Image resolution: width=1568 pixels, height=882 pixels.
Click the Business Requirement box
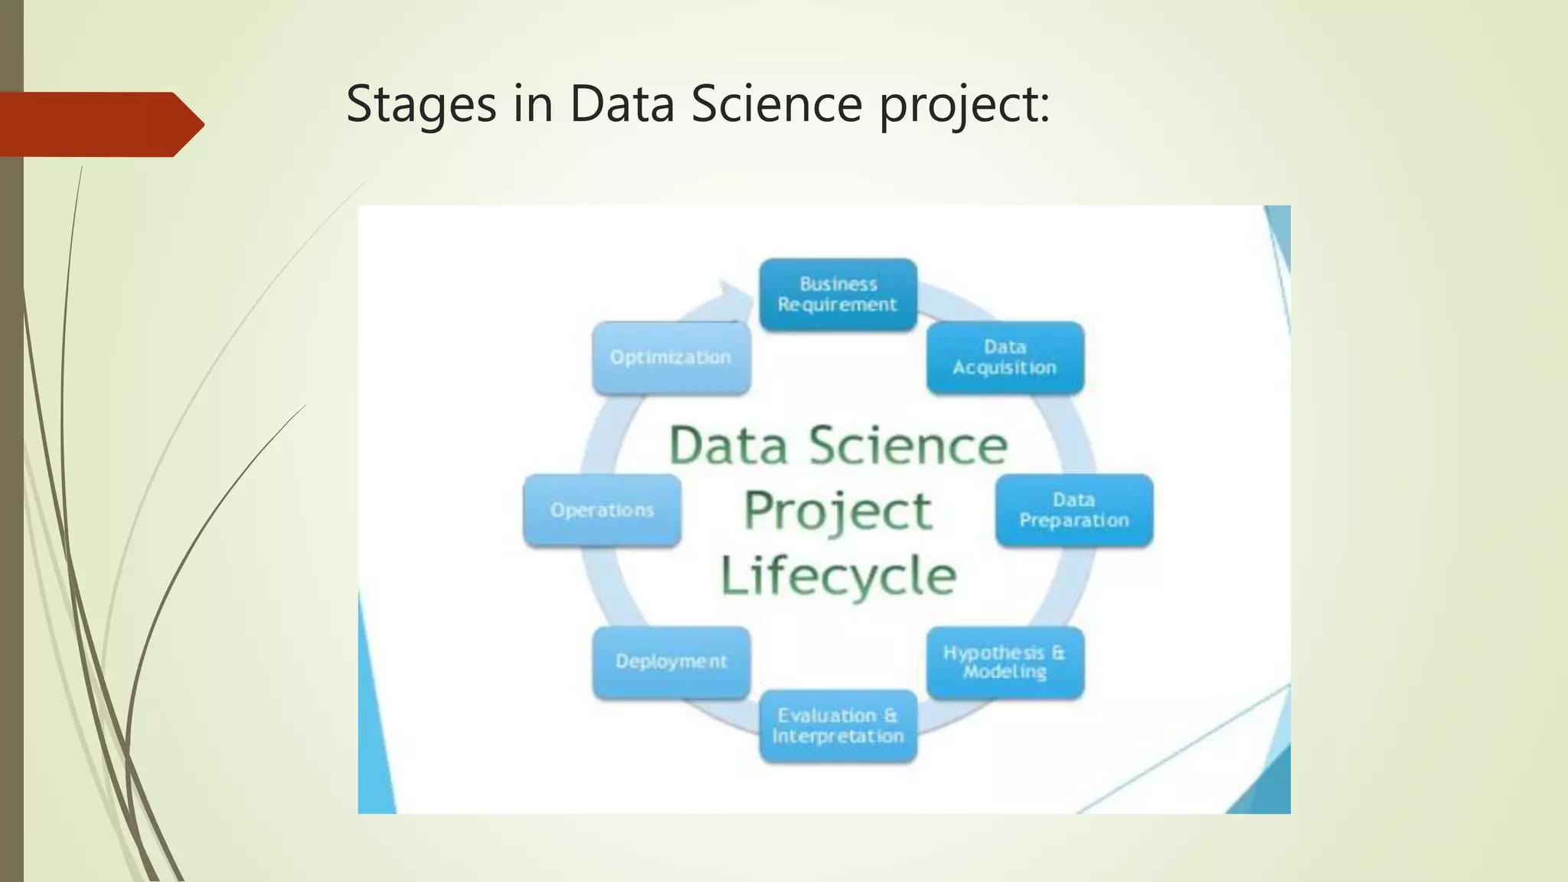pos(838,295)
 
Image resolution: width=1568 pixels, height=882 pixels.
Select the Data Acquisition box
pos(1004,358)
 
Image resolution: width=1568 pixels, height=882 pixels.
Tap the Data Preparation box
pos(1073,510)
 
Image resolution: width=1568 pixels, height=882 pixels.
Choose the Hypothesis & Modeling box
pos(1004,662)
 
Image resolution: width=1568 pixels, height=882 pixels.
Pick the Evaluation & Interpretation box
pos(838,726)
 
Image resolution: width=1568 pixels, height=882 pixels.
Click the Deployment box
pos(671,662)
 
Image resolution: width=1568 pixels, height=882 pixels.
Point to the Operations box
pos(602,510)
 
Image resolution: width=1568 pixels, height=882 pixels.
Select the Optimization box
pos(671,358)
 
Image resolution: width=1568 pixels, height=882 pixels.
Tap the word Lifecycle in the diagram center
pos(838,576)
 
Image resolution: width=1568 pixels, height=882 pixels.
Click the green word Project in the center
pos(838,511)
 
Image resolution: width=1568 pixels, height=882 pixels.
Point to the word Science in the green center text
pos(908,446)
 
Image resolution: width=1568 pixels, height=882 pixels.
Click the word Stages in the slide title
pos(421,104)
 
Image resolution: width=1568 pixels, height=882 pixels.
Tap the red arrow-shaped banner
pos(100,124)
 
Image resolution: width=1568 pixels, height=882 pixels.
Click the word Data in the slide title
pos(622,104)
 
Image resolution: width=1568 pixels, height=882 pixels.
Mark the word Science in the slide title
pos(776,104)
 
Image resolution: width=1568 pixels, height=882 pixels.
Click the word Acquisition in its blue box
pos(1004,368)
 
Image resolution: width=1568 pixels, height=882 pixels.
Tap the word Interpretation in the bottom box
pos(838,737)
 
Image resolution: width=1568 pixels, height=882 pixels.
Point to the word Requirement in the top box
pos(838,305)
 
